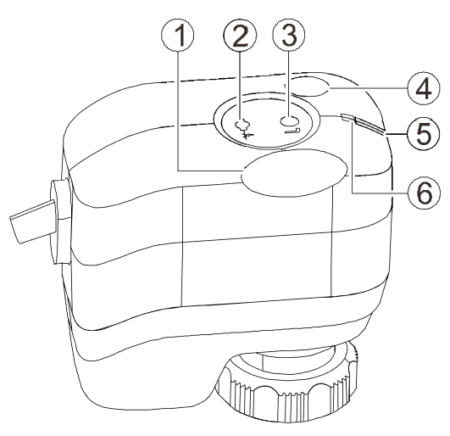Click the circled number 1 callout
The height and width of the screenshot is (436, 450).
[177, 35]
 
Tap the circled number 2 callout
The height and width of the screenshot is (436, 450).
[240, 35]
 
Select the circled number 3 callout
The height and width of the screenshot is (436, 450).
[289, 35]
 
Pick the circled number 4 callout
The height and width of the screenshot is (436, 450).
[423, 88]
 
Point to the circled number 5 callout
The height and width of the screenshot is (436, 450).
[423, 133]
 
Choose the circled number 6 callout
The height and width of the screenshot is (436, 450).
[423, 192]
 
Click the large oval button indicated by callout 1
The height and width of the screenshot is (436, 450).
[294, 173]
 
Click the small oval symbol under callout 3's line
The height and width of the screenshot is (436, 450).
[289, 120]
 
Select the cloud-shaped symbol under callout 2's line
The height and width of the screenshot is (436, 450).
[242, 125]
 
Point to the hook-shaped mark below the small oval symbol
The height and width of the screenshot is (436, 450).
[292, 131]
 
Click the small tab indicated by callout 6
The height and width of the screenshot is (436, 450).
[348, 118]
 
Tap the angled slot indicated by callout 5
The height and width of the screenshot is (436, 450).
[369, 126]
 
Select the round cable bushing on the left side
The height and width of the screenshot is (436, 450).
[59, 221]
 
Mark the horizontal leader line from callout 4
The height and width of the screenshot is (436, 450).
[368, 88]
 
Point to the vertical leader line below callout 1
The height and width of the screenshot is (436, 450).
[178, 111]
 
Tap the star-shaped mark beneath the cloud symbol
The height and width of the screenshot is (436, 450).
[247, 135]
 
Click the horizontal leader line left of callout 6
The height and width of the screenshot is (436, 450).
[380, 193]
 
